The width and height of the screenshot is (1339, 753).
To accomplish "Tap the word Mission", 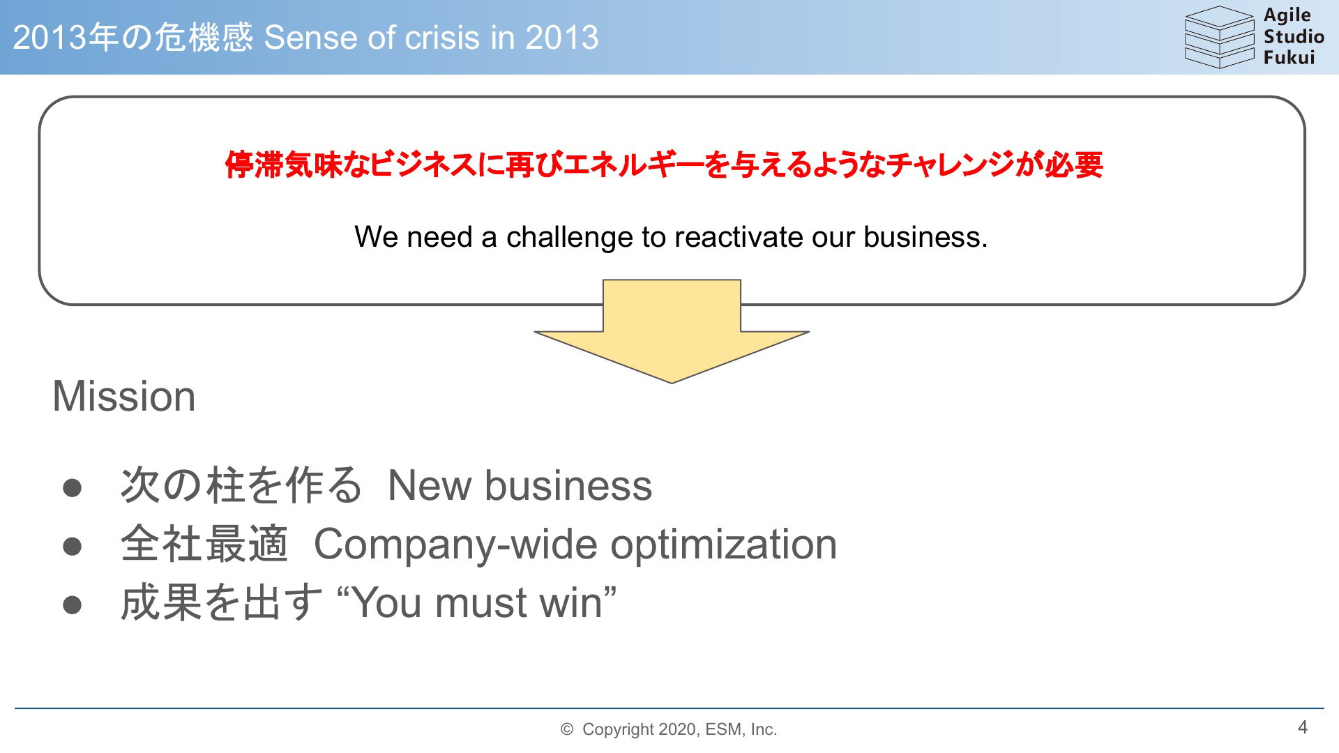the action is [124, 396].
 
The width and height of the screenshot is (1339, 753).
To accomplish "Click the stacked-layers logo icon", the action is [1219, 37].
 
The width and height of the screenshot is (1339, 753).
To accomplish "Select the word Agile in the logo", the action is [1287, 16].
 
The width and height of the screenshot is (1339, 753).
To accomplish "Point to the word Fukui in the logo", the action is [1289, 57].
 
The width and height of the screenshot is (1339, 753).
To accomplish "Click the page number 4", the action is [1303, 727].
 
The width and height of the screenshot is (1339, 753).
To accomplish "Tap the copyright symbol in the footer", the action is [567, 729].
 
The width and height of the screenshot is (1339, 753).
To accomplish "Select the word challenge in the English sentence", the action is [570, 238].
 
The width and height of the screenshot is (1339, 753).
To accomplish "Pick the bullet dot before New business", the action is [73, 488].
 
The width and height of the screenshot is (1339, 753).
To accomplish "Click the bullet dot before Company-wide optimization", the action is [73, 547].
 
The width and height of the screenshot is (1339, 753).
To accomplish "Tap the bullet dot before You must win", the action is [73, 605].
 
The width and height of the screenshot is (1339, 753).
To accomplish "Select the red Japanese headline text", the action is [664, 165].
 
